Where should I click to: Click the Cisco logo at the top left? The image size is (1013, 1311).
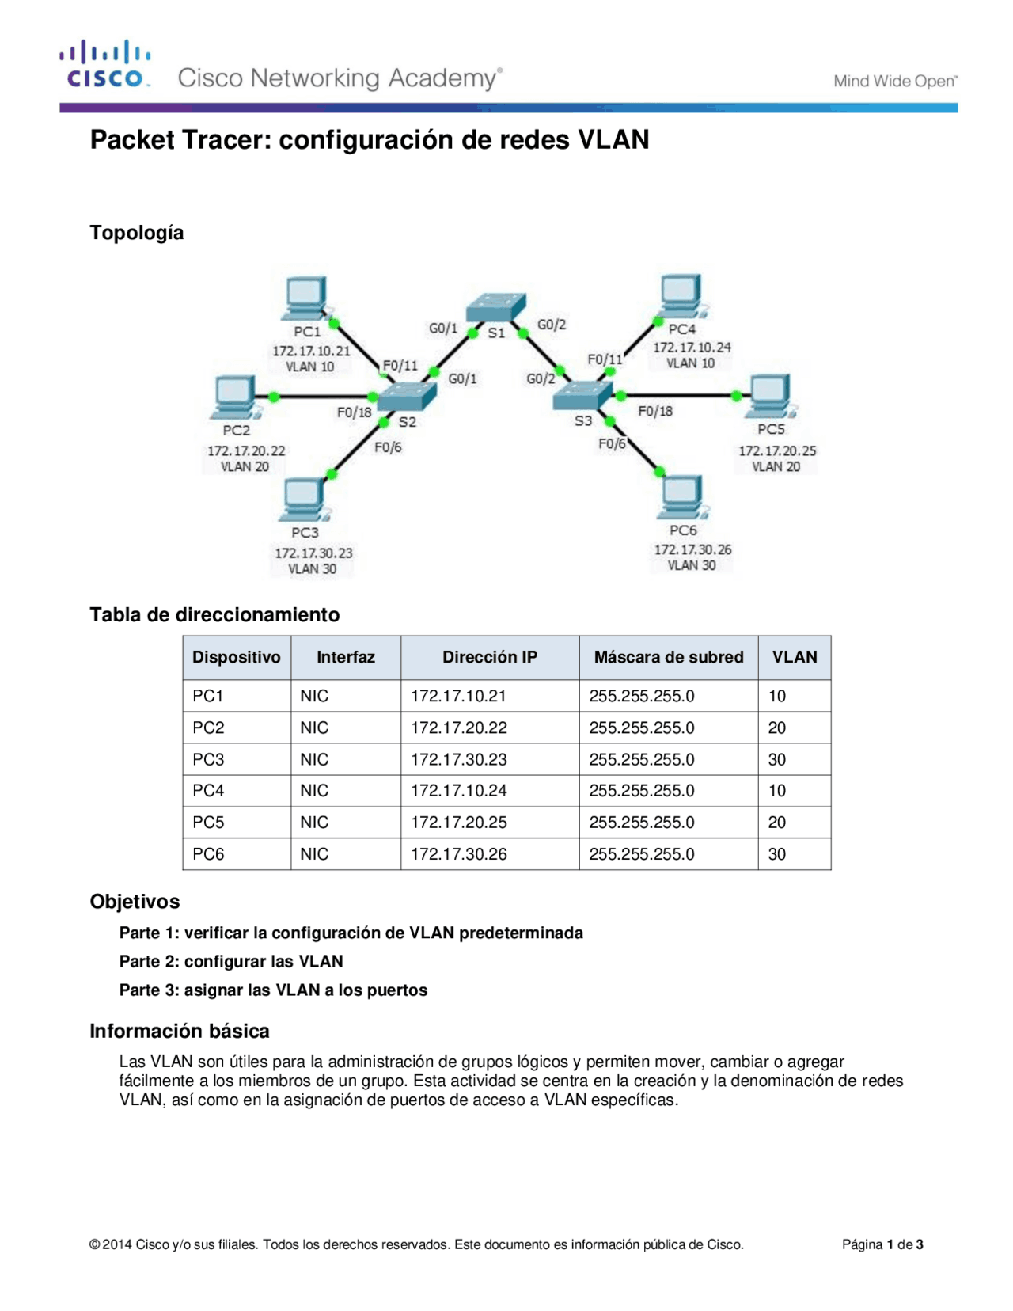point(104,65)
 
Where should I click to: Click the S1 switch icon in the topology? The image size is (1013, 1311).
point(496,306)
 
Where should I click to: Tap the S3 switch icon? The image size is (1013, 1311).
point(582,394)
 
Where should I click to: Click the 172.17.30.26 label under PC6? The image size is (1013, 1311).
point(692,549)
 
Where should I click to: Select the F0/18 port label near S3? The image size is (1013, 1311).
point(655,411)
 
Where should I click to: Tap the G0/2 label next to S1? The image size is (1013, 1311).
point(552,325)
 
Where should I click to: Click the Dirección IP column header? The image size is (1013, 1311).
point(490,657)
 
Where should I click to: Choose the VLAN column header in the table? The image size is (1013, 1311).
point(795,657)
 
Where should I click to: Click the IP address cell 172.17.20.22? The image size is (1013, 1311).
point(459,728)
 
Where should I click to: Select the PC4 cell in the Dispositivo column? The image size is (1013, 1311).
point(208,790)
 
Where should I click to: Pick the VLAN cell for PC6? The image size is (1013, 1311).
point(777,853)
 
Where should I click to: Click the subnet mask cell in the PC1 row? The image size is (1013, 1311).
point(642,696)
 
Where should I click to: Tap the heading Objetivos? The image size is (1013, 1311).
point(135,901)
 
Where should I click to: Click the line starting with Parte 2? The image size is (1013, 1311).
point(231,961)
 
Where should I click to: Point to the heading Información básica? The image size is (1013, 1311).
point(180,1031)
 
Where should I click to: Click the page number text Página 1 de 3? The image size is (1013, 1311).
point(882,1244)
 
